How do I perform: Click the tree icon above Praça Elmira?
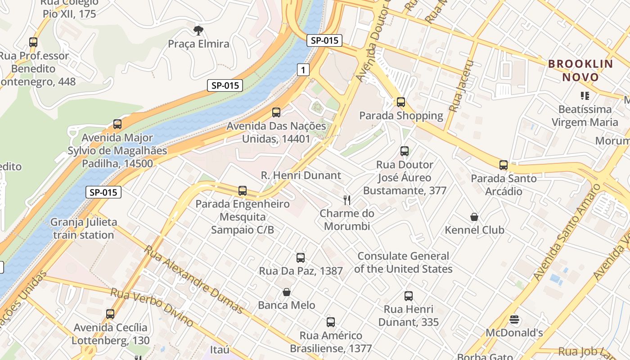point(198,31)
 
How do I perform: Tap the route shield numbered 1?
point(303,69)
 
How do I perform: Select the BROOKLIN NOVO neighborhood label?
point(580,71)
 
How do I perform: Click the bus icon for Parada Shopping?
point(400,102)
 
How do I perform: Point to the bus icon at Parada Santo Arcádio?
point(503,165)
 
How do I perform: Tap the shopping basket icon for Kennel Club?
point(474,217)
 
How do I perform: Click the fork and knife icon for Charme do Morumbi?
point(346,200)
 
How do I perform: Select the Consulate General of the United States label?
point(403,262)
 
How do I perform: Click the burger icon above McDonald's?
point(514,320)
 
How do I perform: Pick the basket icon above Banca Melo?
point(286,292)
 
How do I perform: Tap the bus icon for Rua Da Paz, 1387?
point(300,258)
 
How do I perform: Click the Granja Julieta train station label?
point(83,228)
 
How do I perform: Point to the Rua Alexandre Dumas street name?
point(193,279)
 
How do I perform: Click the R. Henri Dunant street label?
point(301,175)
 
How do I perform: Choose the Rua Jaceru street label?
point(463,86)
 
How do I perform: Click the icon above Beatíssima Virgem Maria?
point(585,95)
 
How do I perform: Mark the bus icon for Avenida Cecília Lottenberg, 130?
point(110,314)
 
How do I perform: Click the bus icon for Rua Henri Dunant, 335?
point(408,296)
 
